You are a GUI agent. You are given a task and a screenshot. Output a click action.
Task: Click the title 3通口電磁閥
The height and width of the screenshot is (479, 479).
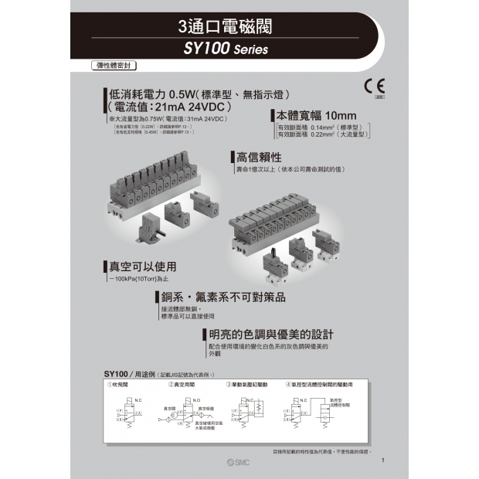(225, 29)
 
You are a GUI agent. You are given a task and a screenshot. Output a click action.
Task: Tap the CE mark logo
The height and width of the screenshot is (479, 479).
(379, 85)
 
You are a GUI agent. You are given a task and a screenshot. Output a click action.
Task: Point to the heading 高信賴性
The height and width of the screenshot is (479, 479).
(258, 157)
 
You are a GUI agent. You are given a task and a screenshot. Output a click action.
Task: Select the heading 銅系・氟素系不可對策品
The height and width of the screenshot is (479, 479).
(223, 297)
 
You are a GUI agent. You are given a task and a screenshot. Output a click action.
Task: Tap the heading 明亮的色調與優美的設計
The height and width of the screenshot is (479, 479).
(271, 335)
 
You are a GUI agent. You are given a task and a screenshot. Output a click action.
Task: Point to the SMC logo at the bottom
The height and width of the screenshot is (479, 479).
(240, 461)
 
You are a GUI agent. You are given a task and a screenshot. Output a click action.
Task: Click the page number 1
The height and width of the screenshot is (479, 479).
(383, 461)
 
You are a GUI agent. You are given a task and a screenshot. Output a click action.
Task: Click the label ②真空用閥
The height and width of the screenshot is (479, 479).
(179, 383)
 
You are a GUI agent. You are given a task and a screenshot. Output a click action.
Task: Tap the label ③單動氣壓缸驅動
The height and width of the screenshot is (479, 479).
(247, 383)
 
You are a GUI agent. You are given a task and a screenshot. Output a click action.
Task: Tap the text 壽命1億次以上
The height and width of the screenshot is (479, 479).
(290, 168)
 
